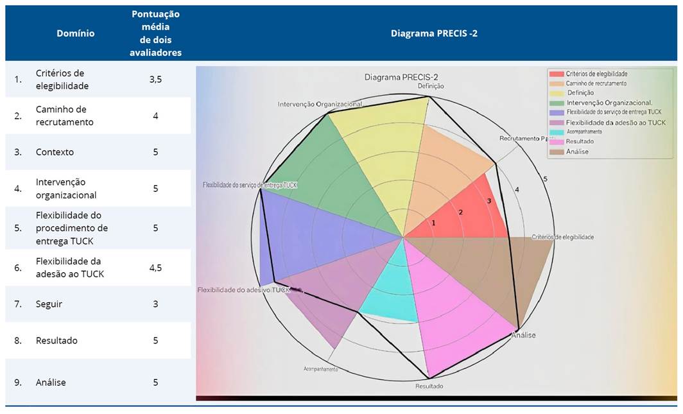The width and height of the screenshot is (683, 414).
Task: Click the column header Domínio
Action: pyautogui.click(x=75, y=33)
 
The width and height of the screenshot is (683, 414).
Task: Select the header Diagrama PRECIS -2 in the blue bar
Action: pyautogui.click(x=434, y=33)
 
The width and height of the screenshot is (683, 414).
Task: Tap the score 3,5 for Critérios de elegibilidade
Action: pyautogui.click(x=155, y=79)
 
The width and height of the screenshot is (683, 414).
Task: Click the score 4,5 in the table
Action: pyautogui.click(x=155, y=268)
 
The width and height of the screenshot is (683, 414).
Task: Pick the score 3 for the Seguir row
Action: pyautogui.click(x=155, y=304)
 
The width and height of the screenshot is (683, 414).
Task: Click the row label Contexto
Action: pyautogui.click(x=55, y=152)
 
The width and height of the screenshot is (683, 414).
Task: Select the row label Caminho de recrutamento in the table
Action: pyautogui.click(x=64, y=116)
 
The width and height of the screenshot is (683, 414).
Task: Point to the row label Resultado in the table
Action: pyautogui.click(x=56, y=340)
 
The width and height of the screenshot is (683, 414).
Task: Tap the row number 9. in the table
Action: pyautogui.click(x=18, y=383)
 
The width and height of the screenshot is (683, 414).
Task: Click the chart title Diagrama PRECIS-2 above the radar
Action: pyautogui.click(x=401, y=77)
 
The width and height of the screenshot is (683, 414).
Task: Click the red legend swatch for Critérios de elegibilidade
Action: pyautogui.click(x=555, y=74)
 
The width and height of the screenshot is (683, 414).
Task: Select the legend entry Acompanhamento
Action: pyautogui.click(x=584, y=132)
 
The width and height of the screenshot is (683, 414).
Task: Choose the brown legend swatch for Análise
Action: pyautogui.click(x=555, y=151)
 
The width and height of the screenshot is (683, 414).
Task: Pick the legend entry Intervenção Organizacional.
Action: pyautogui.click(x=609, y=103)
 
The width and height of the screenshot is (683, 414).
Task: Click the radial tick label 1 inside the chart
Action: pyautogui.click(x=433, y=223)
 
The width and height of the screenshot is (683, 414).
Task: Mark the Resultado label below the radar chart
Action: pyautogui.click(x=429, y=386)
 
